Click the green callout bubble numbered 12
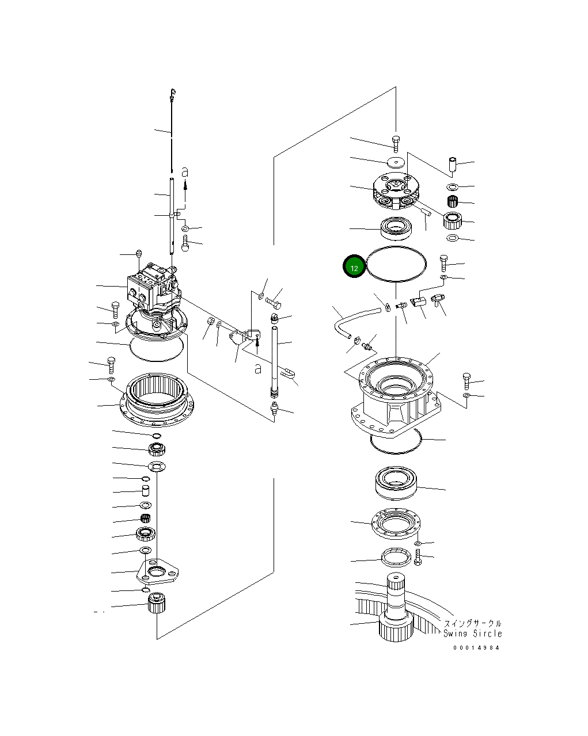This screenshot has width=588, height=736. coord(354,266)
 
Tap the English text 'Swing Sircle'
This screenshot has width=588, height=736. coord(472,634)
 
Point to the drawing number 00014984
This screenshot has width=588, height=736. coord(476,647)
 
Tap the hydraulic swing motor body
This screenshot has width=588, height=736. coord(151,288)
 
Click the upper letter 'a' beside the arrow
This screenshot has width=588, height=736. coord(184,171)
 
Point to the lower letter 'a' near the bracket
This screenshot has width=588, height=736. coord(258,368)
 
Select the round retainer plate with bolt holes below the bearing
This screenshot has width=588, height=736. coord(397,523)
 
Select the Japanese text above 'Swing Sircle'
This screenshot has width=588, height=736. coord(472,623)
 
